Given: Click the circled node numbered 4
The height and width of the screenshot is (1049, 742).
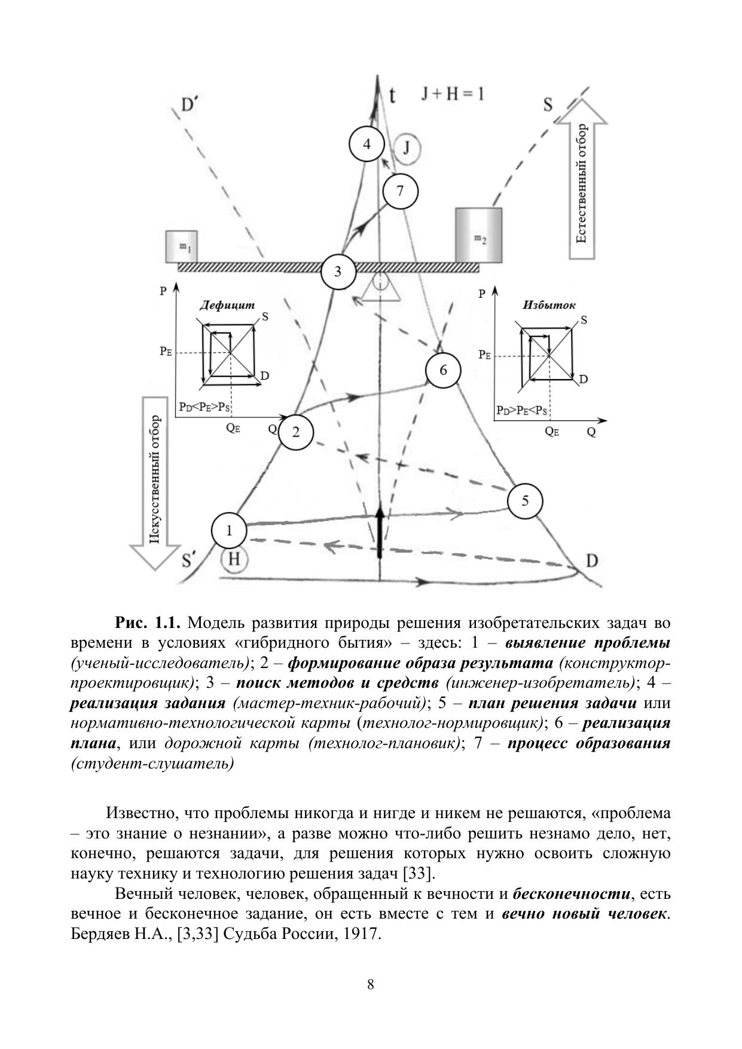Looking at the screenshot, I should point(367,144).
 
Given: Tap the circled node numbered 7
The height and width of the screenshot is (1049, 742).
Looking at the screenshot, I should point(400,191).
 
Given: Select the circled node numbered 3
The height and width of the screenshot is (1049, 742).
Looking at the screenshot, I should point(338,272).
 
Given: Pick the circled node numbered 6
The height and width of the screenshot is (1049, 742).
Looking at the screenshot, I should point(443,370).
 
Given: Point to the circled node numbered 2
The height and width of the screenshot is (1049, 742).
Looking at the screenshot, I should point(296,432).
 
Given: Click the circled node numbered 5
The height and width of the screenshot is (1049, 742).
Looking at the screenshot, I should point(524,501).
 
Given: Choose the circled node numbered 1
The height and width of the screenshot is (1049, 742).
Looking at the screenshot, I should point(229,530).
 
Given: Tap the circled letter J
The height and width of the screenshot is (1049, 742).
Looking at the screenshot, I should point(407,147).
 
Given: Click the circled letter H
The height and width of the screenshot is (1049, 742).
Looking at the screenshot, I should point(234,560).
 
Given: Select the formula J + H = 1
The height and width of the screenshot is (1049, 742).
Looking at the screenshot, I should point(452,94).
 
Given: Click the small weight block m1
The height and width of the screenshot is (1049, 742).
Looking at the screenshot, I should point(181,246).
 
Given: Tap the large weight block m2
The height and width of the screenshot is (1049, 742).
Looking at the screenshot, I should point(478,235).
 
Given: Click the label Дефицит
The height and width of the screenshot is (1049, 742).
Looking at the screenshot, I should point(227,304).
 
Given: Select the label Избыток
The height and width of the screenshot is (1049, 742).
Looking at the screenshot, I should point(548,304).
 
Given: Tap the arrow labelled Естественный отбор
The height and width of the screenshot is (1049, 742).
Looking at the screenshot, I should point(581,179).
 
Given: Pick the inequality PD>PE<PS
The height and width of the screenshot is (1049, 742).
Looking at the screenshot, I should point(521,411).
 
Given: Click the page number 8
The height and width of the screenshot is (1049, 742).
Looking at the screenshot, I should point(371,984).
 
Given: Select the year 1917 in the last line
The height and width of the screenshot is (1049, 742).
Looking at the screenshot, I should point(361,934).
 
